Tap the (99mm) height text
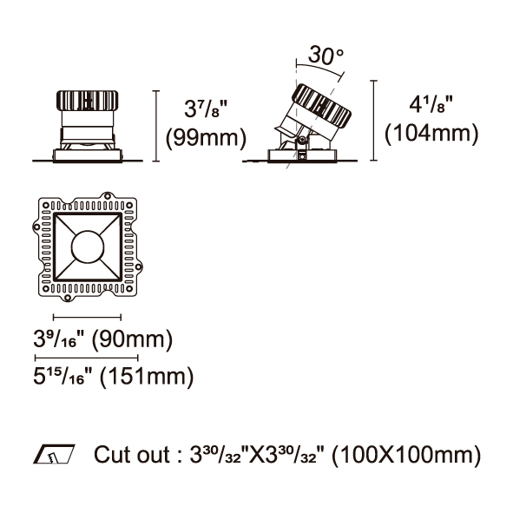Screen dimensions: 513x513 pyautogui.click(x=206, y=137)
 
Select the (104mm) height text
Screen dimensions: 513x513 pyautogui.click(x=431, y=133)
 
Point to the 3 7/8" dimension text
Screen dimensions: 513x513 pyautogui.click(x=205, y=109)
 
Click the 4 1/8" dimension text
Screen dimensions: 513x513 pyautogui.click(x=431, y=104)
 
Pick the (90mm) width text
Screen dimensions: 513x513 pyautogui.click(x=132, y=339)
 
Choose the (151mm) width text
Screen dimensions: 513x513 pyautogui.click(x=146, y=376)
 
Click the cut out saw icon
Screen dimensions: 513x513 pyautogui.click(x=54, y=454)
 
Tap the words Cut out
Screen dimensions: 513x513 pyautogui.click(x=132, y=455)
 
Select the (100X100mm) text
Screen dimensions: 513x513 pyautogui.click(x=406, y=455)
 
